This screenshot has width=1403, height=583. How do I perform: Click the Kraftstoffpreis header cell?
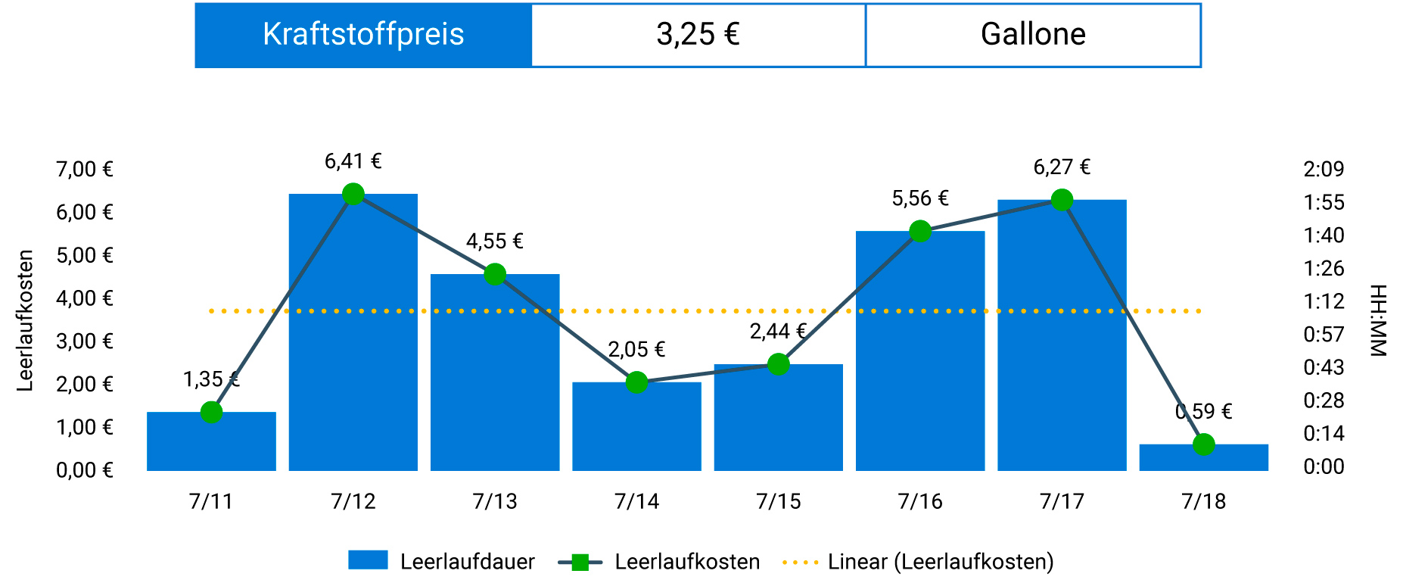(363, 35)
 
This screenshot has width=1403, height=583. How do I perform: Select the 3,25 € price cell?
(698, 35)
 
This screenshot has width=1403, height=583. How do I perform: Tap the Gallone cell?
(1033, 35)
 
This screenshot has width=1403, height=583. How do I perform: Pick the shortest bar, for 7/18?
(1203, 458)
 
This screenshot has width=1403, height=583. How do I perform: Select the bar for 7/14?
(636, 428)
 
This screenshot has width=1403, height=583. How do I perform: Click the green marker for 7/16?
(920, 231)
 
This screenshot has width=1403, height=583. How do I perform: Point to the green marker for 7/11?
(212, 412)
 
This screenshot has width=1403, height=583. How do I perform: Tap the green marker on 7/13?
(495, 274)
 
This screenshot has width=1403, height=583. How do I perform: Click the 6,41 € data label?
(353, 161)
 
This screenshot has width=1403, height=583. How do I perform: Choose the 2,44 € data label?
(778, 332)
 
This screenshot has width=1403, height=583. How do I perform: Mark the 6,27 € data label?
(1062, 167)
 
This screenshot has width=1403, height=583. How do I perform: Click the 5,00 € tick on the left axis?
(85, 255)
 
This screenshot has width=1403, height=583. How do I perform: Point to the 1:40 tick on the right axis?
(1324, 235)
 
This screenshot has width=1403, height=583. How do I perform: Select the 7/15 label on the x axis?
(778, 501)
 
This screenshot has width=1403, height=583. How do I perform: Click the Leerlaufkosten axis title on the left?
(26, 320)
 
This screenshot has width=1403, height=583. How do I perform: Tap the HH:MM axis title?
(1377, 320)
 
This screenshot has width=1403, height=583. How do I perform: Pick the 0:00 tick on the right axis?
(1324, 466)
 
